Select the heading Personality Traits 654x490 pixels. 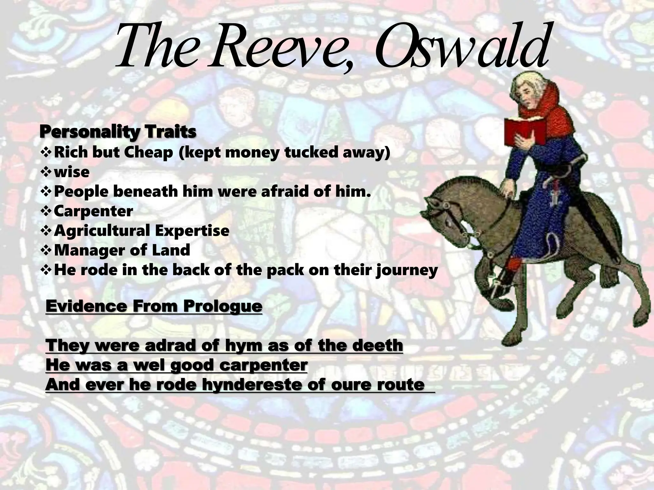tap(118, 132)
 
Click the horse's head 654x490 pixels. tap(447, 217)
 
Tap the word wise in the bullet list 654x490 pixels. tap(72, 172)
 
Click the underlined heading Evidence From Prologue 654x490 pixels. tap(154, 306)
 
